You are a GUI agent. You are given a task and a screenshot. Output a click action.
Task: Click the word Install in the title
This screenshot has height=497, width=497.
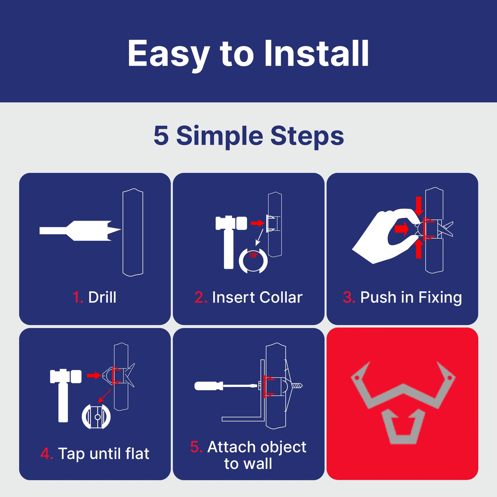tap(316, 54)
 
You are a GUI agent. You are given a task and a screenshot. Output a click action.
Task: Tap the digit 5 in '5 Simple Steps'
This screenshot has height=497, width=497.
tap(161, 135)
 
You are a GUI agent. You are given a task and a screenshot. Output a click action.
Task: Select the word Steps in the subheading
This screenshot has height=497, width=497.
tap(307, 137)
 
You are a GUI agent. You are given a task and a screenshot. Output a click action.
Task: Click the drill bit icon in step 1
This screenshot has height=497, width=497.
tap(80, 231)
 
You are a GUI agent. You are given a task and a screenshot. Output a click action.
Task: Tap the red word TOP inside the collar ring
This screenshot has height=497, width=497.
tap(253, 255)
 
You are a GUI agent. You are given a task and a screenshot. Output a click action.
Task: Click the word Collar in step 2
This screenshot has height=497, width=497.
tap(281, 297)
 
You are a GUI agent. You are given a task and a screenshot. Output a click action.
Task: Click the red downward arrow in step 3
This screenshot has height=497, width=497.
tap(419, 206)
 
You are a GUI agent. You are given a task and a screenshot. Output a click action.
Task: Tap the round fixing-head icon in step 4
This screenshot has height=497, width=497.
tap(96, 416)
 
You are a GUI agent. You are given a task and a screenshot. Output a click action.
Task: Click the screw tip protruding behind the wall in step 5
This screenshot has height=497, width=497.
tap(298, 386)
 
